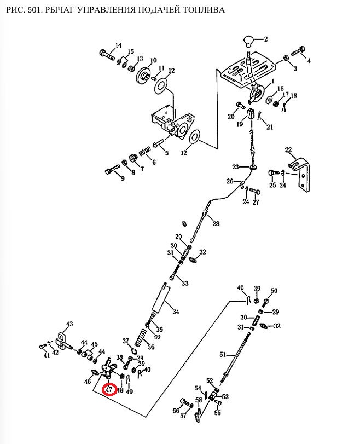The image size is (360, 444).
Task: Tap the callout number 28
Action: pos(216,223)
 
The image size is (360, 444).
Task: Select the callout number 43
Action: pos(69,324)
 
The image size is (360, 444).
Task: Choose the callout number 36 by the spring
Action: pos(151,347)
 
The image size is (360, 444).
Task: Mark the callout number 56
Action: pos(176,411)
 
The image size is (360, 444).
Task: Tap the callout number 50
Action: pos(274,291)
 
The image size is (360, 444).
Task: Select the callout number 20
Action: pos(231,116)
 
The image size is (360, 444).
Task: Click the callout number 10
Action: pos(153,60)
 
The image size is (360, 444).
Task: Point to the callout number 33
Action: pos(185,283)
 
